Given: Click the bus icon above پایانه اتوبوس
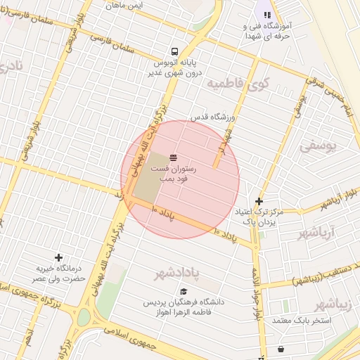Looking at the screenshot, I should [174, 51].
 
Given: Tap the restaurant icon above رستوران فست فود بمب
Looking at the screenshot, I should [173, 157].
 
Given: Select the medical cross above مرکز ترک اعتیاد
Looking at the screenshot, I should [259, 200].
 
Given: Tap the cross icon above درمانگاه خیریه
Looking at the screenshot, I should [58, 257].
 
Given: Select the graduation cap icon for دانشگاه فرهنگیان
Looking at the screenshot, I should [184, 292].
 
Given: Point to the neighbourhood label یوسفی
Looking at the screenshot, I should [319, 147].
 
